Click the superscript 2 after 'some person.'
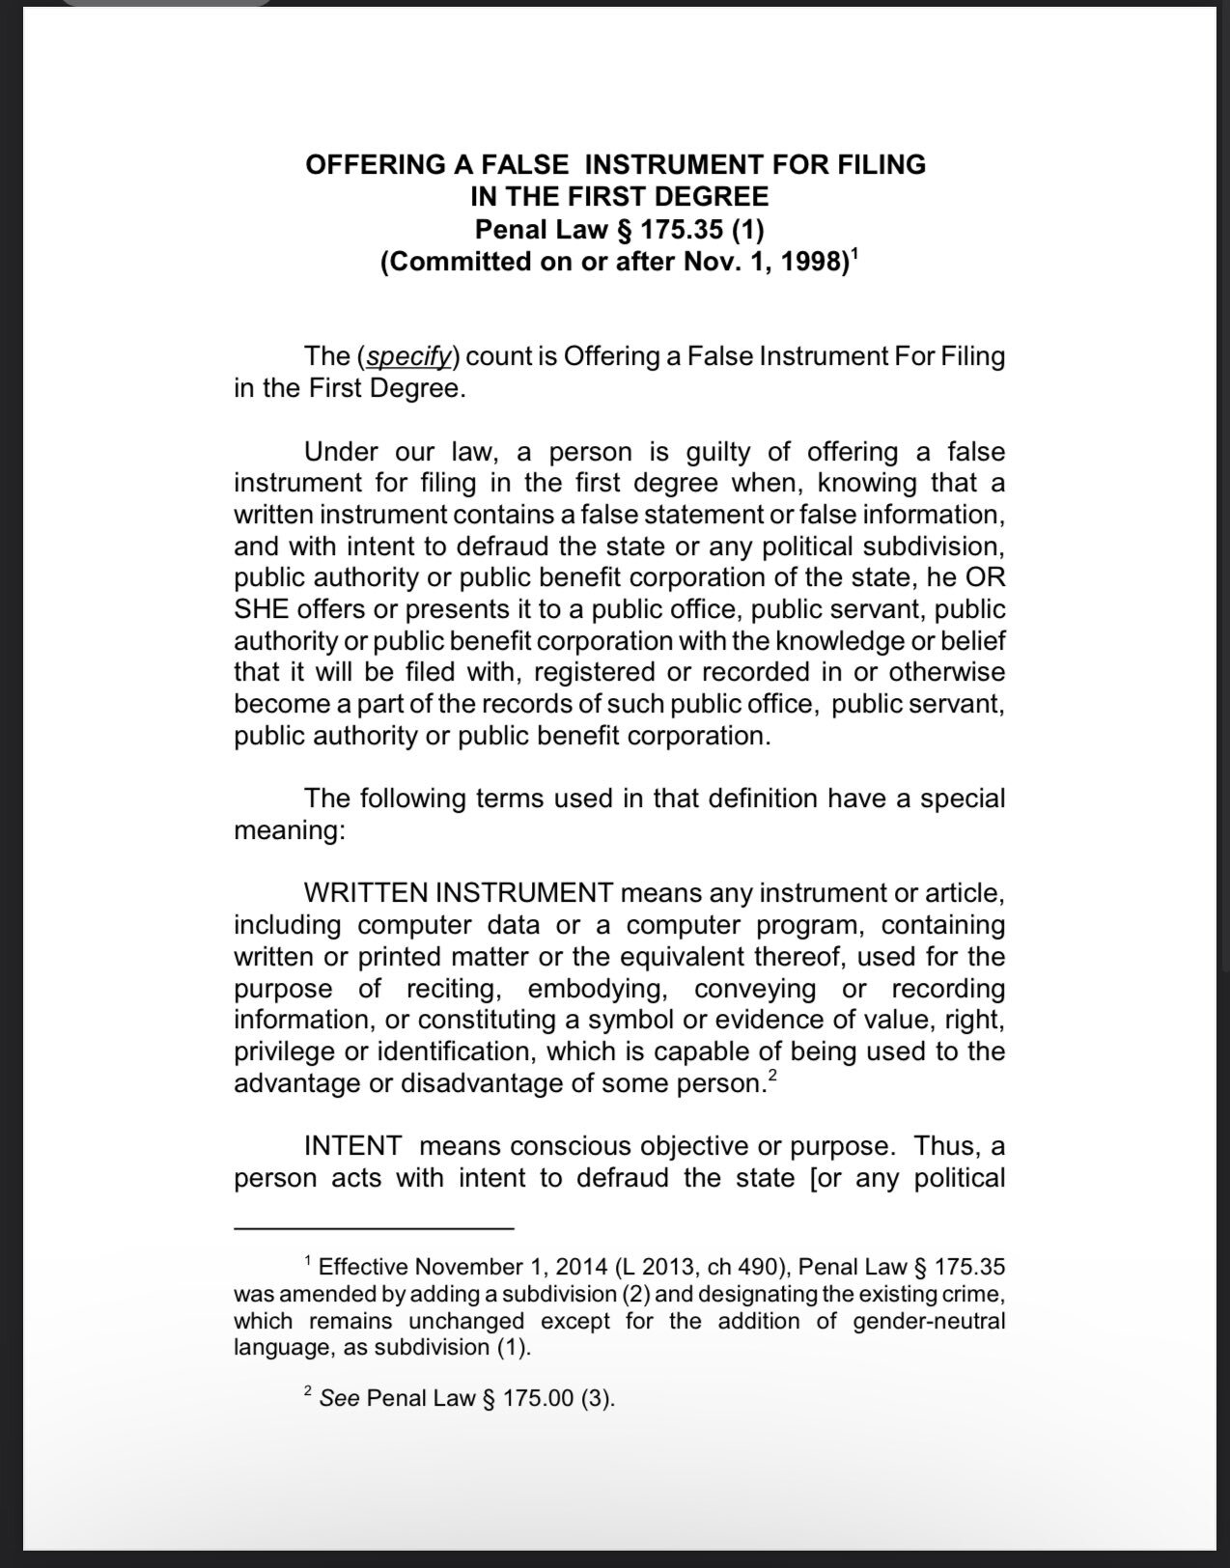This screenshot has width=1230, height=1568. [770, 1075]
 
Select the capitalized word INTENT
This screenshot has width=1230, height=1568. [352, 1146]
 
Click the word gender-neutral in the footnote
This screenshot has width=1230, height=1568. [929, 1321]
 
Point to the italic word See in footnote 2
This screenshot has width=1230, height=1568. [339, 1398]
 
